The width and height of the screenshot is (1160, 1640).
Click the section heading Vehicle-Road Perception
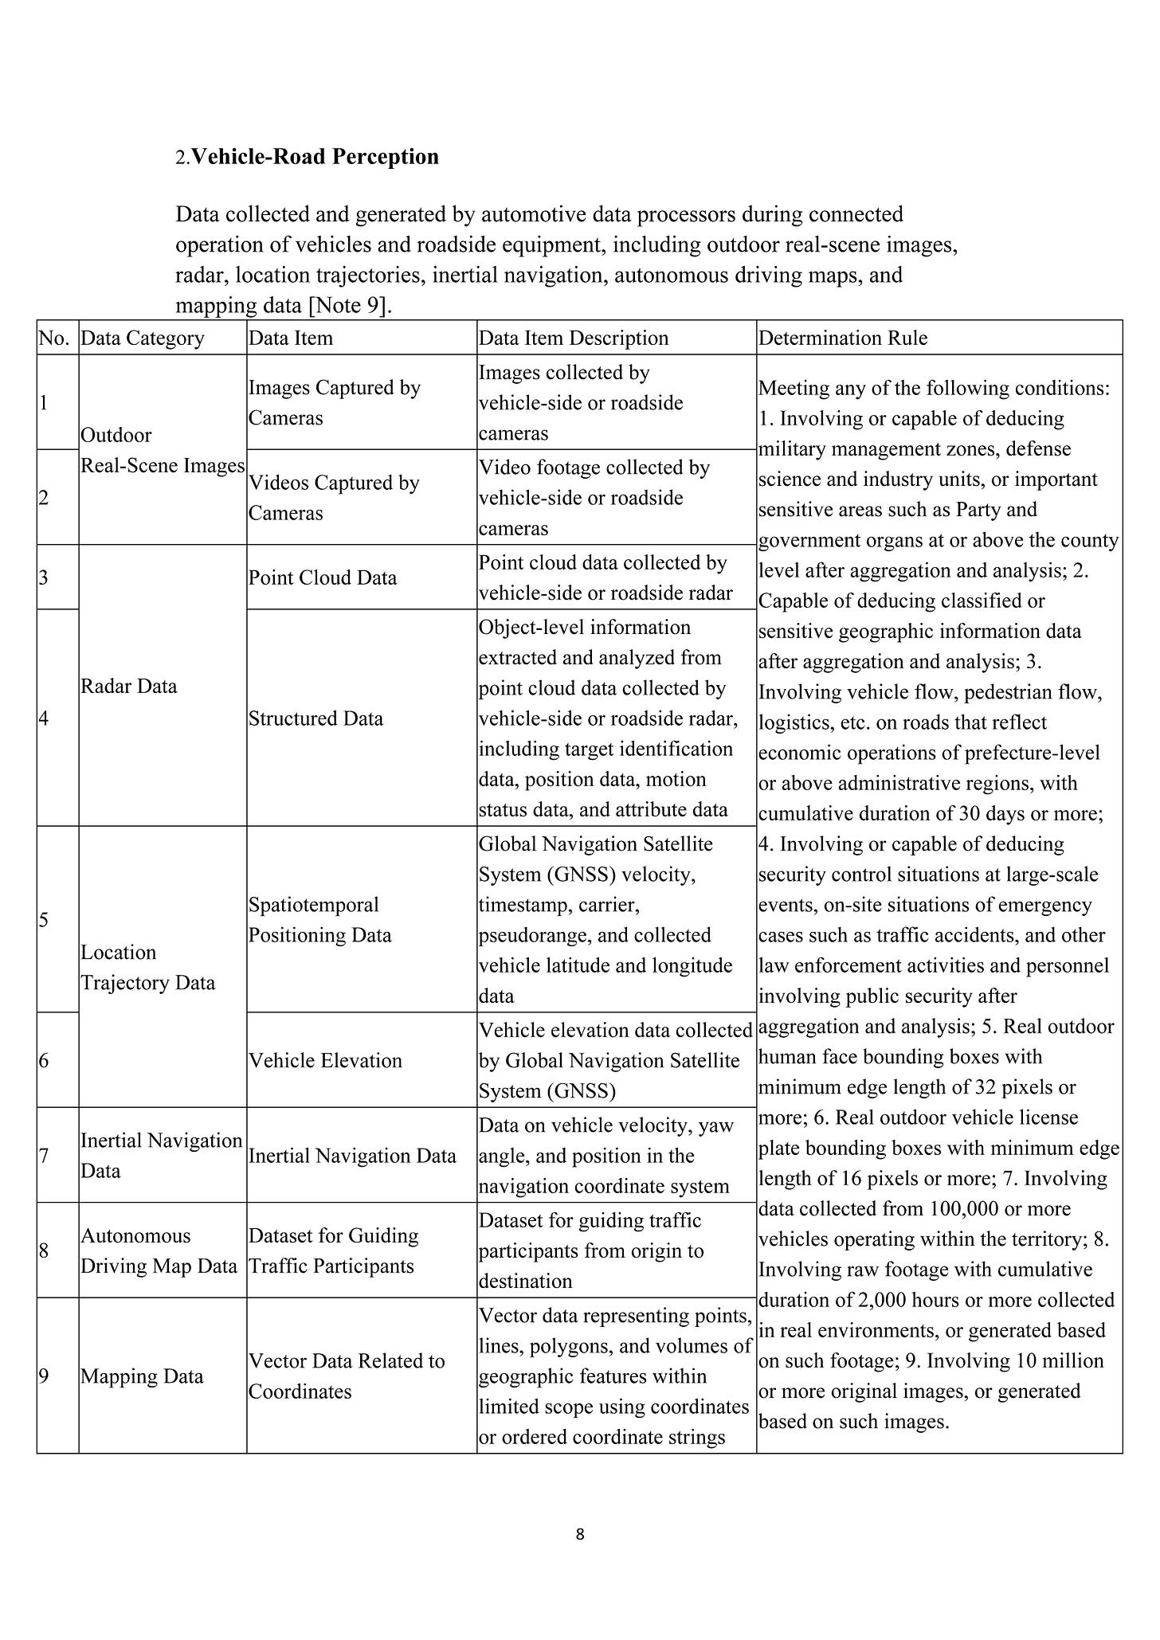(315, 157)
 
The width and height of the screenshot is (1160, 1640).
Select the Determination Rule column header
(843, 339)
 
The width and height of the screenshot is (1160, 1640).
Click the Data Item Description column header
(573, 339)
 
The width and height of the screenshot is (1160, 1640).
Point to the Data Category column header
(143, 339)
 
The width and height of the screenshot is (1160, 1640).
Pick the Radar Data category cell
(129, 687)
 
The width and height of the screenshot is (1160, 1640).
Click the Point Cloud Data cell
(323, 577)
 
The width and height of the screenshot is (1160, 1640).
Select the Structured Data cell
(315, 718)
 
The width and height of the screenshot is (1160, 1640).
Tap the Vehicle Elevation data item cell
(325, 1060)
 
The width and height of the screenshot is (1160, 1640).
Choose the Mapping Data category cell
(142, 1376)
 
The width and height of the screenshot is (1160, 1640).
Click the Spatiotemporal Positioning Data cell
(320, 920)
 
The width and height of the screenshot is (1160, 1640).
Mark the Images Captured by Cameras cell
(335, 403)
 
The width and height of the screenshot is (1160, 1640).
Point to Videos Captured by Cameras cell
(334, 498)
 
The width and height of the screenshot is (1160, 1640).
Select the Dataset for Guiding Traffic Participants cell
(333, 1251)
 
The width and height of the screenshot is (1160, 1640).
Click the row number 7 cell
(44, 1156)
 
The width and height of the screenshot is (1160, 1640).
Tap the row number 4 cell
(44, 718)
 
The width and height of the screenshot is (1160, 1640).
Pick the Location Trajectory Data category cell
(148, 968)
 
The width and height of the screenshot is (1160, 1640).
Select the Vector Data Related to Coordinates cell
(347, 1376)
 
